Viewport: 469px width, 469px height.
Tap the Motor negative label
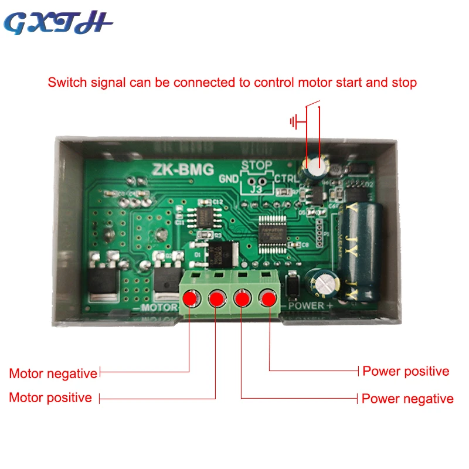53,373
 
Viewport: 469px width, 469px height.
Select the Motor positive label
50,397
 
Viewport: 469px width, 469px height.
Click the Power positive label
406,371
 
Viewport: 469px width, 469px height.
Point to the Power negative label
407,399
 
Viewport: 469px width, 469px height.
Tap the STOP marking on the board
256,165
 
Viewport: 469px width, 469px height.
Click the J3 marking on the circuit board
256,189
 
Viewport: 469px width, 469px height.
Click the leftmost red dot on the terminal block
190,298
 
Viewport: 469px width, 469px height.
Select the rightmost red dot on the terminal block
269,299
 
